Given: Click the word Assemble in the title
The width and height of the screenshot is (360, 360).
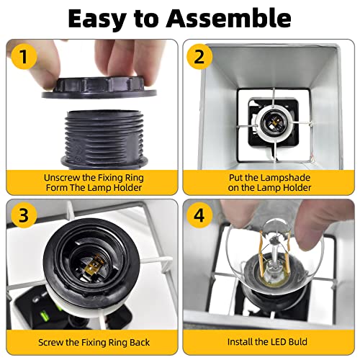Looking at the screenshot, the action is (229, 19).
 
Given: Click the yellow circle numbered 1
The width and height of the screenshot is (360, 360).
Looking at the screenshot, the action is (24, 57).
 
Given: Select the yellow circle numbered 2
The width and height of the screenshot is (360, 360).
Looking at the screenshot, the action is (199, 57).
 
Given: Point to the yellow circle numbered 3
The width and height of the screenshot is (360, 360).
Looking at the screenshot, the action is (24, 215).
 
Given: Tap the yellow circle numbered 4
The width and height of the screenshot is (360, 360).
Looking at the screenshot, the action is (199, 215).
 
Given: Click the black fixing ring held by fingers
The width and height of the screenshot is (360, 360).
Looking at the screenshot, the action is (99, 88).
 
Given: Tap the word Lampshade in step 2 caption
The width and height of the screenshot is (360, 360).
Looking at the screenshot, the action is (285, 178).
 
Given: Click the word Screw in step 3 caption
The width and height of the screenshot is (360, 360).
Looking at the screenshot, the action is (51, 342).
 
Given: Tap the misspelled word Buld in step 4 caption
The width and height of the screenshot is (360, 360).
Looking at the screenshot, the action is (297, 342).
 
